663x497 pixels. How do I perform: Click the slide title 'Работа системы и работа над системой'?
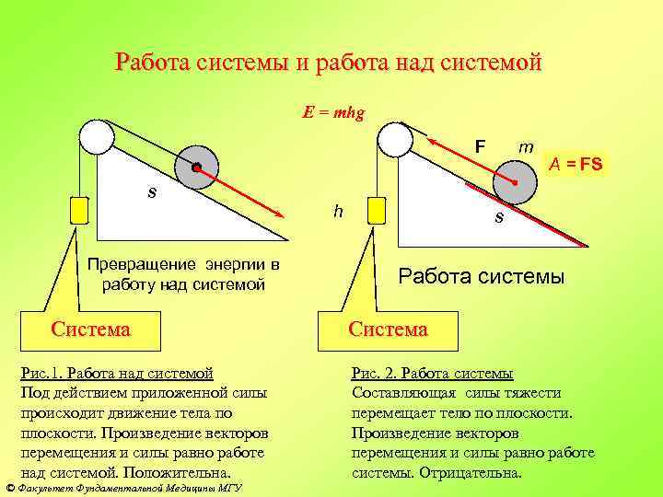tap(330, 64)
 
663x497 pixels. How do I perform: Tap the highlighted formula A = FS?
tap(576, 165)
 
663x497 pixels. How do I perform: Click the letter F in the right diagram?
tap(480, 146)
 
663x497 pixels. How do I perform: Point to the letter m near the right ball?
tap(526, 146)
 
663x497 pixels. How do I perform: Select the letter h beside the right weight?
tap(339, 211)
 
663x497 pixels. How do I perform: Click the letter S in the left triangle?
tap(152, 192)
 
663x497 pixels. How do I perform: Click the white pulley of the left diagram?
tap(97, 137)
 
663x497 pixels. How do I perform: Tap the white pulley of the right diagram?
tap(394, 139)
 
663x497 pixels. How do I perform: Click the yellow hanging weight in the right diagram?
tap(376, 211)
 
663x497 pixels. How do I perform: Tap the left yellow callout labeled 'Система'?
tap(90, 329)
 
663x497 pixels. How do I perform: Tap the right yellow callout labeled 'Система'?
tap(387, 329)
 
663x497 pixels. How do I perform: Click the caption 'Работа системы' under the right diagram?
tap(482, 276)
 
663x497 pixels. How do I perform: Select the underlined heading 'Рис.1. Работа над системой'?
tap(117, 373)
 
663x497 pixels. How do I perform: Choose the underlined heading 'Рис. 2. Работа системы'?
tap(433, 373)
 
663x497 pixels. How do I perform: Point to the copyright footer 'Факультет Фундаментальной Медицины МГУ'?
tap(123, 489)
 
